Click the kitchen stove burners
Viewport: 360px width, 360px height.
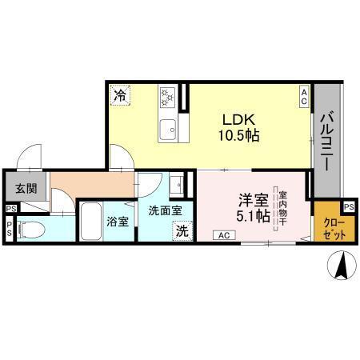click(x=169, y=97)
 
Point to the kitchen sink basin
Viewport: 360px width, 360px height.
click(x=168, y=126)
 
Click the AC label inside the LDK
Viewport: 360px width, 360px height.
click(x=305, y=97)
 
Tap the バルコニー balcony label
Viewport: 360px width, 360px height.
click(x=327, y=141)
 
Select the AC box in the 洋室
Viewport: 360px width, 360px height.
click(x=224, y=235)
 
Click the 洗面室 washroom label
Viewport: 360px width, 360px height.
click(x=165, y=210)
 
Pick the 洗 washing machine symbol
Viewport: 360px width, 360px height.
click(x=182, y=231)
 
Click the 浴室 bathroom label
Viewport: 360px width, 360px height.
click(x=118, y=221)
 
